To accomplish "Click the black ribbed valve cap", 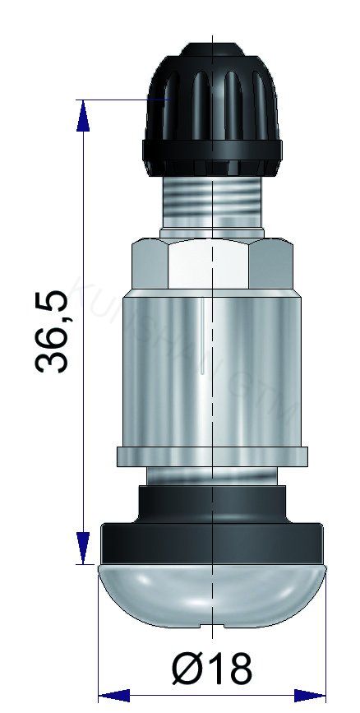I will (212, 107).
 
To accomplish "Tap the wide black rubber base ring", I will (212, 544).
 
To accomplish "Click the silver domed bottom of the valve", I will (212, 596).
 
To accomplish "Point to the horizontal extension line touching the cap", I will (123, 100).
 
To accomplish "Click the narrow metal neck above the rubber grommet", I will (212, 475).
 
